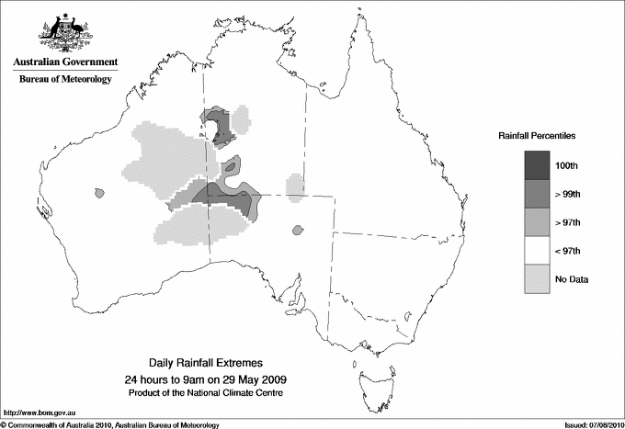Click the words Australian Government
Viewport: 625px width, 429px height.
64,62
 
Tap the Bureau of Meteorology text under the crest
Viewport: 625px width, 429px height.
64,79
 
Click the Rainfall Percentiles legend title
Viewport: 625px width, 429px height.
537,135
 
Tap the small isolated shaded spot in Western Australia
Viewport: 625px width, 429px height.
97,192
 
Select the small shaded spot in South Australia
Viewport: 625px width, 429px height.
296,230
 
